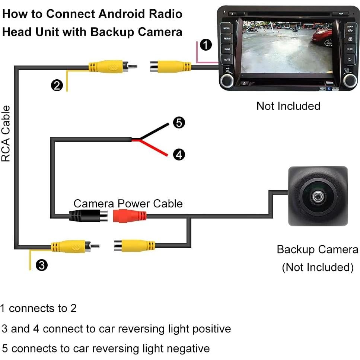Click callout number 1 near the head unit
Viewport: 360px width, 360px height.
[x=206, y=45]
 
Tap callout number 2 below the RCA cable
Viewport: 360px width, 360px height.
[x=57, y=86]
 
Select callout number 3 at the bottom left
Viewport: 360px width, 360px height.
[x=42, y=265]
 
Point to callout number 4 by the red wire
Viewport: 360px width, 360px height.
[x=179, y=154]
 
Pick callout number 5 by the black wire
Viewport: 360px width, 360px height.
[x=179, y=122]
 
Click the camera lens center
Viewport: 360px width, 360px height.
[x=318, y=196]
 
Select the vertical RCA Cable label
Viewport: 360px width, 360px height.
[x=6, y=134]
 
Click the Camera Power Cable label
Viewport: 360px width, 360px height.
[x=128, y=204]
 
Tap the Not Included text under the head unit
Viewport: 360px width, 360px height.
[x=288, y=106]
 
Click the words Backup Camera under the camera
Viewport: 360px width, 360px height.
[x=317, y=249]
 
